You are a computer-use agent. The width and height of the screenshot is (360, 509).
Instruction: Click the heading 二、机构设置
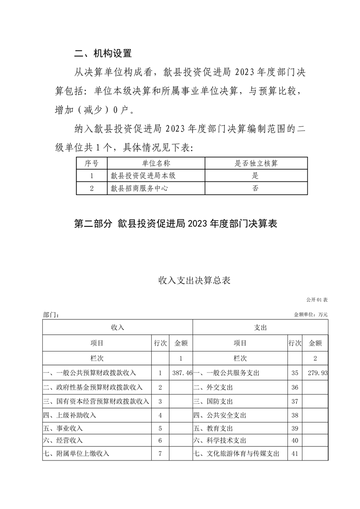click(103, 54)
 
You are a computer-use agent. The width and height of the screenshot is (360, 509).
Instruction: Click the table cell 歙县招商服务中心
click(139, 188)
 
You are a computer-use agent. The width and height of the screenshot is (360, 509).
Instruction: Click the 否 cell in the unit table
click(256, 188)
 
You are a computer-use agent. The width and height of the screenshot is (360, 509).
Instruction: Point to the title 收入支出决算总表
click(194, 280)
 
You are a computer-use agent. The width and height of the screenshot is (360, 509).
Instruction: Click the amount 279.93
click(318, 373)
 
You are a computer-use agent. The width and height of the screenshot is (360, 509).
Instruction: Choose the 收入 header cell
click(118, 327)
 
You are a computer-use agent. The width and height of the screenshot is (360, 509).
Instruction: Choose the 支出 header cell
click(261, 327)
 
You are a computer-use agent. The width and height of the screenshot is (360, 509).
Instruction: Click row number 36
click(295, 387)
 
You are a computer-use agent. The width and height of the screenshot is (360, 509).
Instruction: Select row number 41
click(295, 453)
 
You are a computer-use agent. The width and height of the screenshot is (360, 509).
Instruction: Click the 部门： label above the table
click(50, 314)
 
